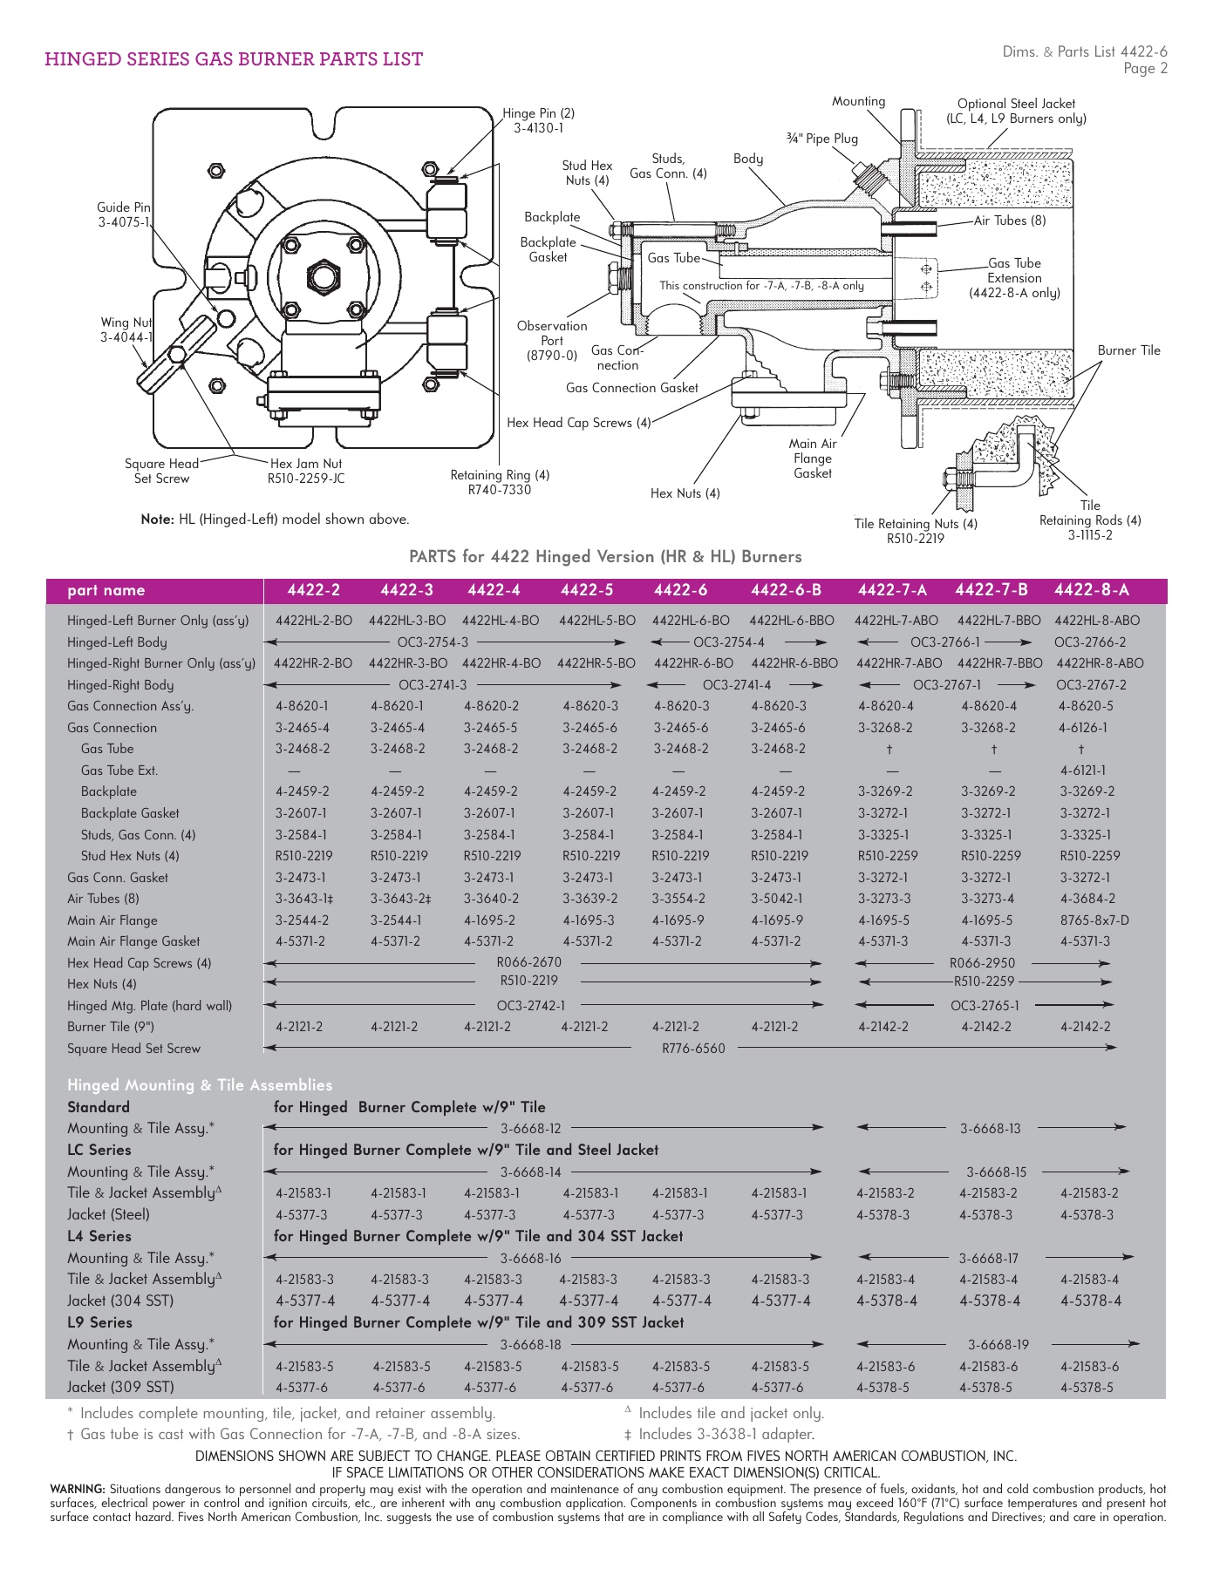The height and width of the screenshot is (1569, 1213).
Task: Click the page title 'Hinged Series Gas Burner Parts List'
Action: pos(234,59)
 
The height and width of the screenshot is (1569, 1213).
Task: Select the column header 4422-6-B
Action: pos(786,590)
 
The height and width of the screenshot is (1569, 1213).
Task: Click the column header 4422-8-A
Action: pos(1091,590)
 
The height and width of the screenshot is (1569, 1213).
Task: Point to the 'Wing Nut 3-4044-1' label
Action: pos(126,329)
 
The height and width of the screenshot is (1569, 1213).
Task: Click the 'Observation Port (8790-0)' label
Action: pos(552,341)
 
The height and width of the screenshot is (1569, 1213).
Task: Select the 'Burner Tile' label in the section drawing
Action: pos(1128,350)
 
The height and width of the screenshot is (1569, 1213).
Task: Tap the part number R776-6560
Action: pos(693,1049)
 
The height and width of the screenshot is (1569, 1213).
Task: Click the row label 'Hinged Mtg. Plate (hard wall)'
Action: pos(149,1006)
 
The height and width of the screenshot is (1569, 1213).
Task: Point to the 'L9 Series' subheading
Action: pos(99,1322)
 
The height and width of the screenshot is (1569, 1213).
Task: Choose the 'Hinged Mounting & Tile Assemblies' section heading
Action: pos(200,1085)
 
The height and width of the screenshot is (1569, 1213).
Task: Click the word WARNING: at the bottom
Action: pos(78,1490)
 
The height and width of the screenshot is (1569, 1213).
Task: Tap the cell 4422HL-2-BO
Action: pos(314,621)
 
